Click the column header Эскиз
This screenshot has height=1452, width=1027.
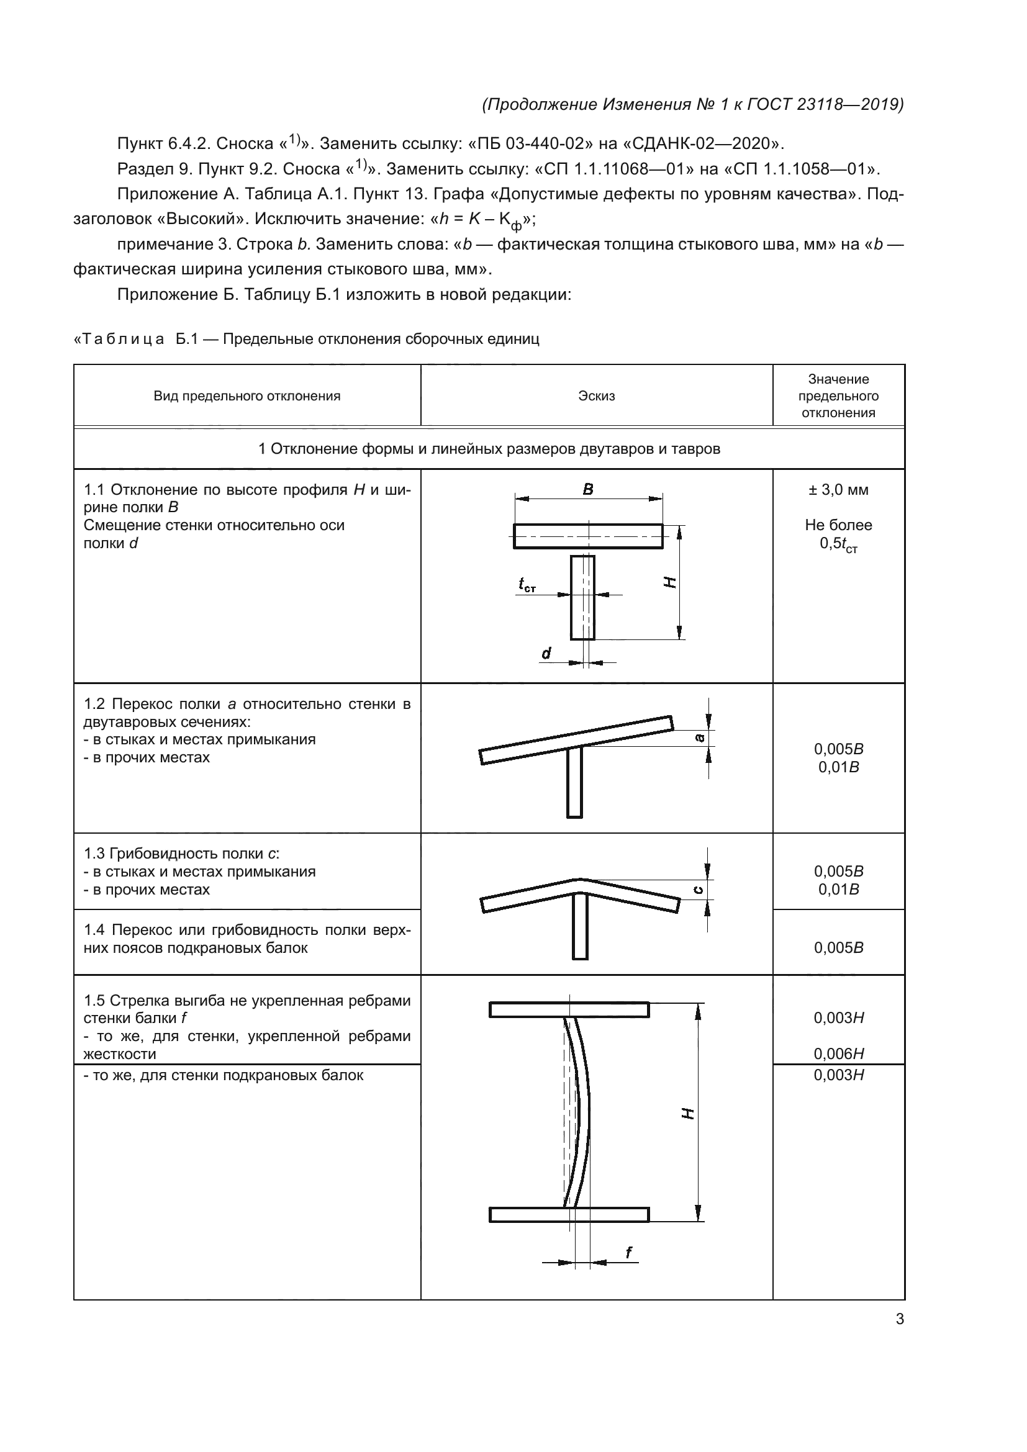[595, 396]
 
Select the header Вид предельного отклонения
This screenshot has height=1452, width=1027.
[247, 396]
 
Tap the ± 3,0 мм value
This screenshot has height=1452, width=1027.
[838, 489]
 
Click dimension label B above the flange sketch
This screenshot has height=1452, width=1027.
[588, 489]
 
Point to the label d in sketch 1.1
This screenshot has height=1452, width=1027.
[546, 653]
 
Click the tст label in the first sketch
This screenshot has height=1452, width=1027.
[527, 585]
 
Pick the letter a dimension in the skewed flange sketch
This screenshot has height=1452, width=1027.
[699, 737]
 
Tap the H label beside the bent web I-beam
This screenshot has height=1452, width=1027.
[688, 1112]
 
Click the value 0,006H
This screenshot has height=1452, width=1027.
[838, 1053]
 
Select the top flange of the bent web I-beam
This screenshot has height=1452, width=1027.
[569, 1010]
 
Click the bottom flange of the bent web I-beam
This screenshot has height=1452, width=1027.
[569, 1214]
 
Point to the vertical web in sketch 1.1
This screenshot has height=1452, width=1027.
[582, 598]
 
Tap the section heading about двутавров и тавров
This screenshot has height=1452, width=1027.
[489, 449]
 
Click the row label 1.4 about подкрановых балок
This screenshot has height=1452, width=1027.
[247, 939]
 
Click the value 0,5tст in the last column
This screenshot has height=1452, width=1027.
[838, 544]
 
